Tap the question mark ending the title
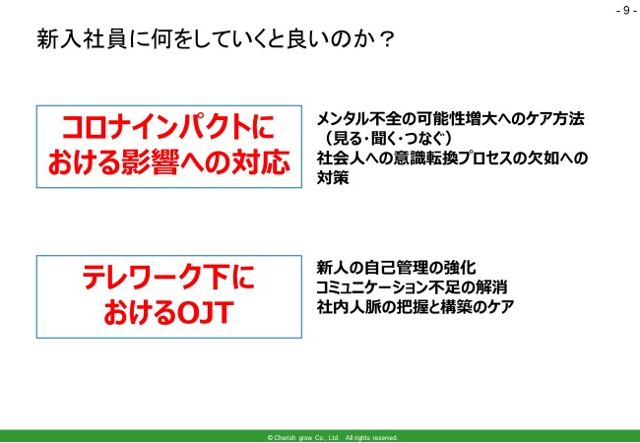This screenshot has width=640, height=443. tap(387, 39)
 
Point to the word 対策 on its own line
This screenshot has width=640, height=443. tap(332, 179)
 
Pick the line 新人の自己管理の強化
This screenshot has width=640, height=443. tap(397, 267)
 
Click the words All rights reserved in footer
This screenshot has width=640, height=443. tap(371, 437)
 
